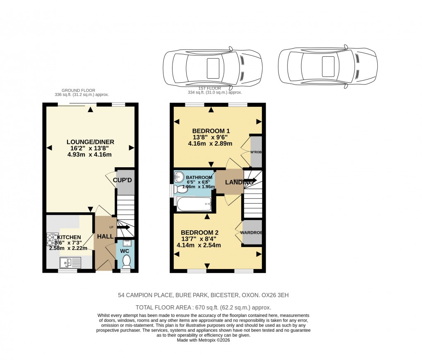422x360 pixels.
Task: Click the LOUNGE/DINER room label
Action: [90, 142]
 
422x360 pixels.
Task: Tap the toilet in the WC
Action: [126, 261]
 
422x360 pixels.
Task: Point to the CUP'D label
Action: [125, 180]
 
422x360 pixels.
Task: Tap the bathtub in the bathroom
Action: [194, 204]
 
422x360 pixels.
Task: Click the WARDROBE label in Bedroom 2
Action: [251, 233]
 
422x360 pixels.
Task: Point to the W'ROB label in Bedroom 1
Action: [256, 152]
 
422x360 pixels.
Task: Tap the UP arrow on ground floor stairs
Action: [124, 227]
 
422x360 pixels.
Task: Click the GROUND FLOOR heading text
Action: [78, 90]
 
